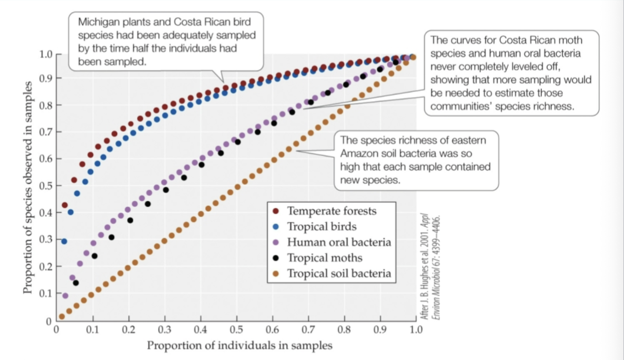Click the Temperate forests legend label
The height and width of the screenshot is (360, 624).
(x=332, y=211)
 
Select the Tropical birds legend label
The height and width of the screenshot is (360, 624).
(x=321, y=227)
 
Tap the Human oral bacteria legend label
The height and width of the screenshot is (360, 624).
(x=339, y=243)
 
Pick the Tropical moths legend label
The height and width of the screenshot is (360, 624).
(x=325, y=258)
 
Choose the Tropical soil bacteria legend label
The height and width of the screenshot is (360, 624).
(x=339, y=274)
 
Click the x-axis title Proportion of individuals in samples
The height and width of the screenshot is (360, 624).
(x=240, y=346)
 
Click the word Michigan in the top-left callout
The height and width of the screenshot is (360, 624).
(x=95, y=22)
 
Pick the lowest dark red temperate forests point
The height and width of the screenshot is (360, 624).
(x=65, y=205)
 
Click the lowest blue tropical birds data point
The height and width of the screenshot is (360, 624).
(x=64, y=241)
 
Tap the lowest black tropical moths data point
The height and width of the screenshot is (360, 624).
(x=76, y=283)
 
